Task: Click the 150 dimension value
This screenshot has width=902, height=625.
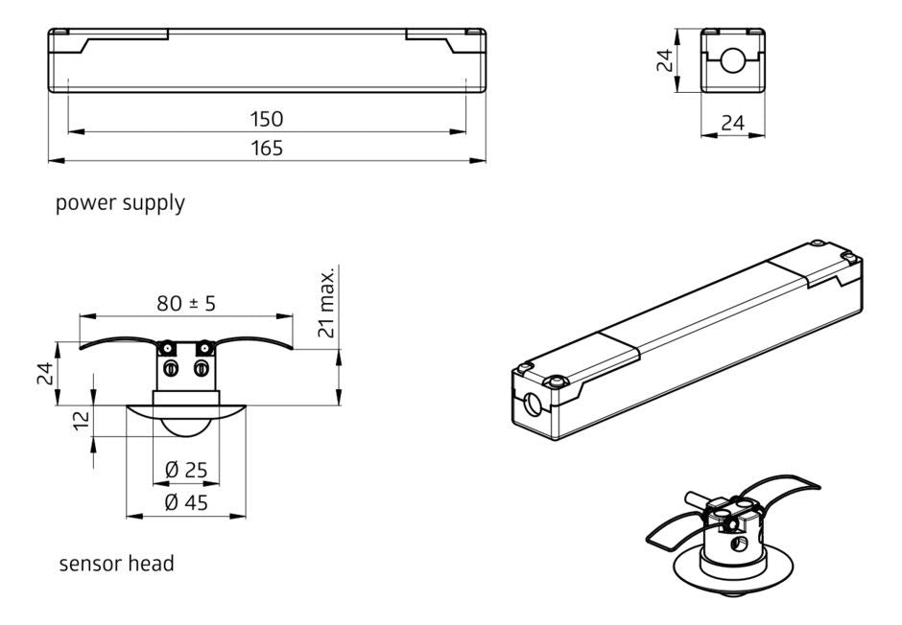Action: click(x=268, y=119)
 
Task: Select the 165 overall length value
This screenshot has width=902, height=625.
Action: click(x=268, y=148)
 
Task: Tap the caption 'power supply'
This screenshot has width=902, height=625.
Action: click(x=120, y=203)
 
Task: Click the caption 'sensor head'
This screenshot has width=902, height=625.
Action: click(x=116, y=564)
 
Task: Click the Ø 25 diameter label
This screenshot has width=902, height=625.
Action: click(x=186, y=472)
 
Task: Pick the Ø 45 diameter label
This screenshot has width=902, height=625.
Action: click(x=186, y=503)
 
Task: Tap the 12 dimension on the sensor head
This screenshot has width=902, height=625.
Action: click(x=82, y=419)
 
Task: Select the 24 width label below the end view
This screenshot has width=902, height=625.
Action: click(x=733, y=123)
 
